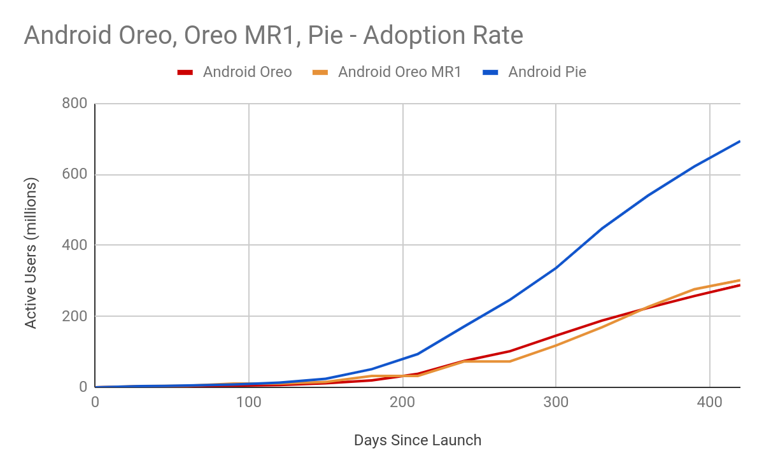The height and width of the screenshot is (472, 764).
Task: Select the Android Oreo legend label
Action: coord(247,72)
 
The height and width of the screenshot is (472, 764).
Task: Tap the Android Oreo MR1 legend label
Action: coord(399,72)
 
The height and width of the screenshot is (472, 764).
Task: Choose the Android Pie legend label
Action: coord(547,72)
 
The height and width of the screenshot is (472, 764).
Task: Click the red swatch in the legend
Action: coord(185,73)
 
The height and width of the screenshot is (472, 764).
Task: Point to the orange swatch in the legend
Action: coord(320,73)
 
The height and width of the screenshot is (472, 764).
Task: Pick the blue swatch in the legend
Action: coord(490,73)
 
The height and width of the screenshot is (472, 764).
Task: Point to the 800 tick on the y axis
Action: coord(74,104)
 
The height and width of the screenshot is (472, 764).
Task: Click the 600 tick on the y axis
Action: coord(74,174)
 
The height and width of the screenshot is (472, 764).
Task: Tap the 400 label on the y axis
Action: coord(74,245)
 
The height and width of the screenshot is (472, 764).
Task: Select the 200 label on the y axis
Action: coord(74,316)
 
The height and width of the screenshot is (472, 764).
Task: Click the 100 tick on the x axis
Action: coord(248,402)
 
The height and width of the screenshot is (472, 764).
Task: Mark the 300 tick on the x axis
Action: coord(556,402)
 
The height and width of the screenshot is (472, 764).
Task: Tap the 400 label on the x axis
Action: coord(709,402)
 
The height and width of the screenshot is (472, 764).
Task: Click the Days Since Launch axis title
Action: coord(418,440)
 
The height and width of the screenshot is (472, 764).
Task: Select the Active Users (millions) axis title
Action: coord(31,253)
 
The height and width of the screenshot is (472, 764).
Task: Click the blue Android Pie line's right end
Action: coord(739,141)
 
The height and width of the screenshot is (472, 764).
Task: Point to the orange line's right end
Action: coord(739,280)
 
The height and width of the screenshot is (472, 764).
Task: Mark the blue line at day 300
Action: coord(556,267)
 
